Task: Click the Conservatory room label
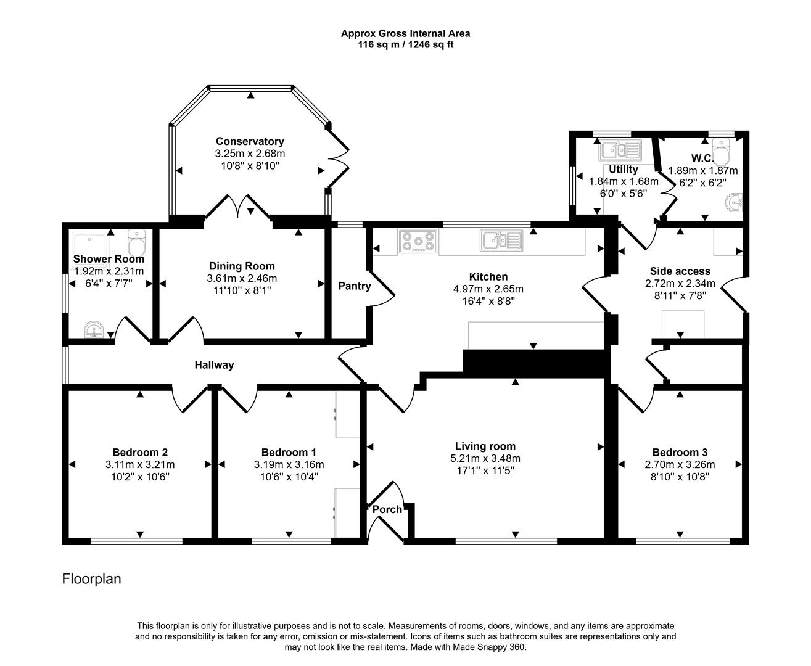(x=250, y=141)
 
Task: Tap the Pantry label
(x=354, y=286)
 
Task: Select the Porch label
(x=387, y=509)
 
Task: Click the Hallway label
(x=214, y=365)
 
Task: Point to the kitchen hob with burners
(x=418, y=241)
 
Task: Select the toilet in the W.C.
(x=720, y=148)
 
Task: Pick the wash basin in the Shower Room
(x=94, y=330)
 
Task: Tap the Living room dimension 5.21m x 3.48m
(x=485, y=458)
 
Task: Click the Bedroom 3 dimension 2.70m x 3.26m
(x=680, y=464)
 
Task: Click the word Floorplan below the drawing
(x=91, y=579)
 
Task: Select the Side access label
(x=680, y=271)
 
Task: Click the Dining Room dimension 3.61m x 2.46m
(x=242, y=278)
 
